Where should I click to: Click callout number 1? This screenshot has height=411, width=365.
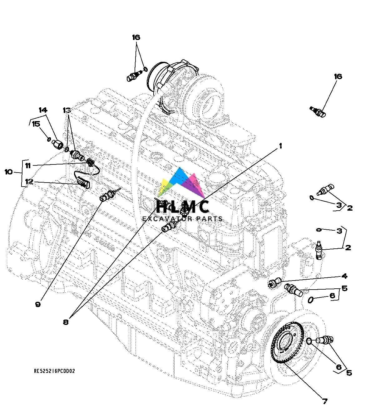click(x=280, y=146)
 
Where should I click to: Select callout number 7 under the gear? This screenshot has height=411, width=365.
click(x=325, y=401)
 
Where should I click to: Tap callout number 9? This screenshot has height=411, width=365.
click(x=38, y=304)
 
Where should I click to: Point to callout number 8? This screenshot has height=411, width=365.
click(x=66, y=322)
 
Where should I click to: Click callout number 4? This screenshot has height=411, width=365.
click(x=344, y=276)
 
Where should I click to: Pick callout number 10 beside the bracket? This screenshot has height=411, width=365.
click(x=9, y=172)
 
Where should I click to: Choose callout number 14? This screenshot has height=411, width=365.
click(x=43, y=110)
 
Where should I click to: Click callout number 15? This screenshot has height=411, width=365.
click(x=36, y=124)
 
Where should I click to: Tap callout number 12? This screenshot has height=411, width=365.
click(x=29, y=182)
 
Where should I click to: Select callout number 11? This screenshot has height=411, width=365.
click(x=28, y=165)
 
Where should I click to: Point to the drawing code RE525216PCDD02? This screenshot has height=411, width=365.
click(x=54, y=371)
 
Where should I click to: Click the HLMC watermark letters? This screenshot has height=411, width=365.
click(x=182, y=207)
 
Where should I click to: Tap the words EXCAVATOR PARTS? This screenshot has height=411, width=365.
click(x=182, y=219)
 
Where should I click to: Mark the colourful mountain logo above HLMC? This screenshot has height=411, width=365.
click(x=183, y=184)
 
